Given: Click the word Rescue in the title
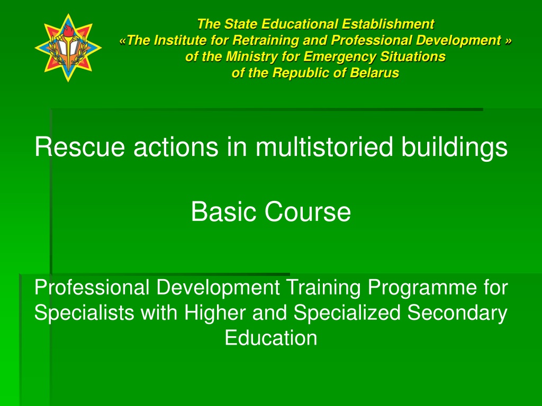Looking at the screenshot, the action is pos(80,147).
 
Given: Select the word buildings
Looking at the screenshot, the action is pos(454,147).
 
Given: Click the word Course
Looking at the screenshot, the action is pos(308,211).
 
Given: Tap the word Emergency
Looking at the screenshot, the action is pos(338,57).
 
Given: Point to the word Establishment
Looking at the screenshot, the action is pos(388,24).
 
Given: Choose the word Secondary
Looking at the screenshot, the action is pos(457,313).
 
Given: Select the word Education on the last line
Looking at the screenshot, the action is pos(271,338).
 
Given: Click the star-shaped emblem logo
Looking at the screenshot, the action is pos(68,48).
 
